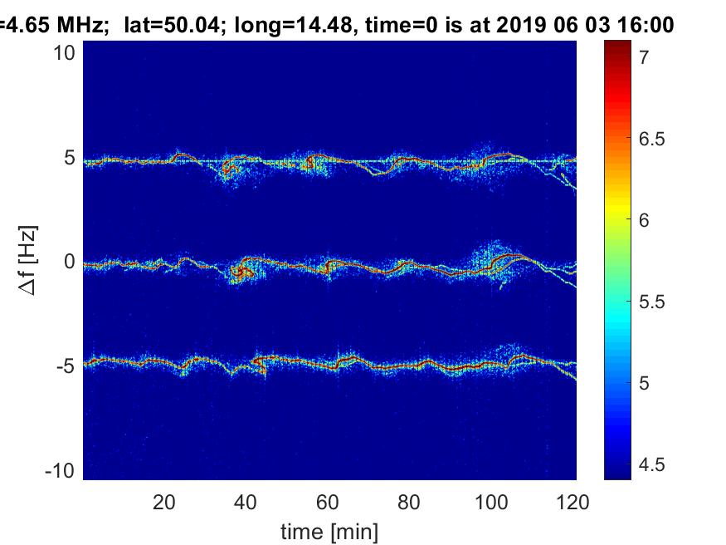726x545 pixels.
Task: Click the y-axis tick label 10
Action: [64, 53]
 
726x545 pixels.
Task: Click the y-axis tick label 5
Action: [70, 158]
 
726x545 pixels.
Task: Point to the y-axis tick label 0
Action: [70, 262]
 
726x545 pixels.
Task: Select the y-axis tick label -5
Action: [66, 366]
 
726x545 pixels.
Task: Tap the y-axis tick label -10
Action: [61, 471]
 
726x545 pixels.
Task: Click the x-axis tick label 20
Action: [164, 503]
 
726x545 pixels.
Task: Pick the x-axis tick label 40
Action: [246, 503]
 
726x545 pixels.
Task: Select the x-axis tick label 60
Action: [328, 503]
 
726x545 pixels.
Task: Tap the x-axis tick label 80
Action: [409, 503]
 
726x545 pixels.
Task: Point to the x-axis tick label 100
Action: [491, 503]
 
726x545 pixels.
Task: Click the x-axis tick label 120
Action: [573, 503]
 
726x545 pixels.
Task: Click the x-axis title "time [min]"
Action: [329, 532]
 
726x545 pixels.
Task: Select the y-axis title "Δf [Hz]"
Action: [28, 260]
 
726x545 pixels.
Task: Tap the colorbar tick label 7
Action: [644, 57]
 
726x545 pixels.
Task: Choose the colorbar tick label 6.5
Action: [651, 139]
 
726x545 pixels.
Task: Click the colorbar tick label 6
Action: [644, 220]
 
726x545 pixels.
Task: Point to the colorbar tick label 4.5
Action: [651, 464]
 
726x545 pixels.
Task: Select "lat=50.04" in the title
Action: [171, 24]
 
